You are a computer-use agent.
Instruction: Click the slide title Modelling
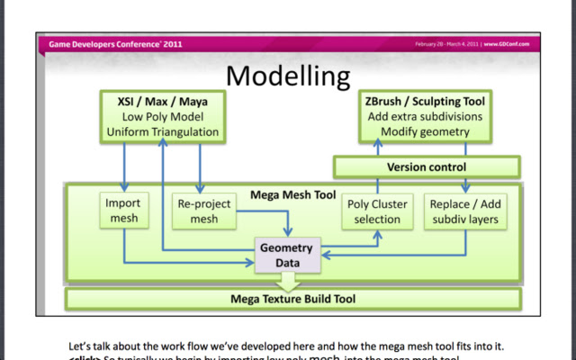tap(287, 76)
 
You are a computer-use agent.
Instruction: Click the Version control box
tap(427, 167)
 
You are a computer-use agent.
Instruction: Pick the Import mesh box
tap(122, 211)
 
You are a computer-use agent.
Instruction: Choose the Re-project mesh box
tap(199, 211)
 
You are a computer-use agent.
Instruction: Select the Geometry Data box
tap(286, 256)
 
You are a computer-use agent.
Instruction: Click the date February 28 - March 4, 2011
tap(446, 43)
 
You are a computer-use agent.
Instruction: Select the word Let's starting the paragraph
tap(82, 345)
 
